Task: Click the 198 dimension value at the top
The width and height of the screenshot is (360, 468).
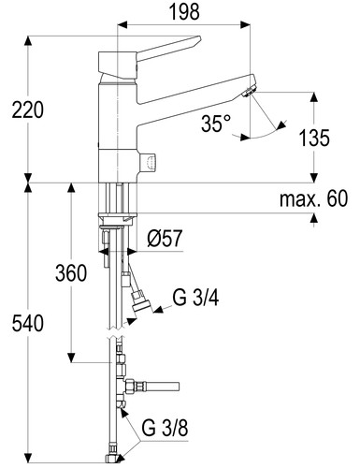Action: [x=184, y=12]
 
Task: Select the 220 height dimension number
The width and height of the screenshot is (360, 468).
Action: [x=28, y=110]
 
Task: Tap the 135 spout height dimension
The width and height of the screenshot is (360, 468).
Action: [x=314, y=138]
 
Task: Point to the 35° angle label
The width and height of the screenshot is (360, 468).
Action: [x=216, y=124]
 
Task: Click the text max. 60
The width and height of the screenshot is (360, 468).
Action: [x=313, y=198]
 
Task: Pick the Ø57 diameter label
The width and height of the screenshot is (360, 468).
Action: [x=165, y=239]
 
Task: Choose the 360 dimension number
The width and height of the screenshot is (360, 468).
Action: [x=71, y=272]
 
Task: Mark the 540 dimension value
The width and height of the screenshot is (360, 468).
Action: [x=28, y=323]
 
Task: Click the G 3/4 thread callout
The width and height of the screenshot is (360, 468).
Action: [x=195, y=298]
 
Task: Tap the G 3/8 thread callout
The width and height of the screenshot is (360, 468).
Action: [x=165, y=428]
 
